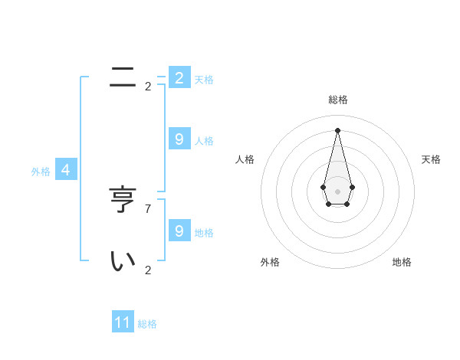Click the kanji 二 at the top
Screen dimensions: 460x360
click(123, 77)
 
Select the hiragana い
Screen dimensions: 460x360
click(123, 261)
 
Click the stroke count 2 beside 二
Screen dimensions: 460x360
click(148, 87)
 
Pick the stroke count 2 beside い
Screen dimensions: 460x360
click(148, 270)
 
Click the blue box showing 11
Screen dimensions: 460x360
click(123, 323)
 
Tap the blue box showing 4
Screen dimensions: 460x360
click(66, 170)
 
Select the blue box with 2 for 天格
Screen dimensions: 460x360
click(179, 78)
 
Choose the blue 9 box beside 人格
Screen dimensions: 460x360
click(179, 139)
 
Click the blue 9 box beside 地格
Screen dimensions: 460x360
click(179, 231)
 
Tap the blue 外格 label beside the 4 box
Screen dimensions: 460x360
click(41, 172)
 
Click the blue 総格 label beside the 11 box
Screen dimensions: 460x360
click(147, 324)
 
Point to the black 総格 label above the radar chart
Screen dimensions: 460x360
click(338, 100)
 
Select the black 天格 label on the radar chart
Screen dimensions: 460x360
click(431, 159)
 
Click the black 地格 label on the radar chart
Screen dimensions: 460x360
click(402, 262)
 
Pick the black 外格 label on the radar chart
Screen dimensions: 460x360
click(270, 262)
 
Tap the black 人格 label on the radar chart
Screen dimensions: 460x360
click(245, 159)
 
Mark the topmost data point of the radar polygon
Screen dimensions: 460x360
click(338, 129)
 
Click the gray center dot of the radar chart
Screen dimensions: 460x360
click(338, 191)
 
